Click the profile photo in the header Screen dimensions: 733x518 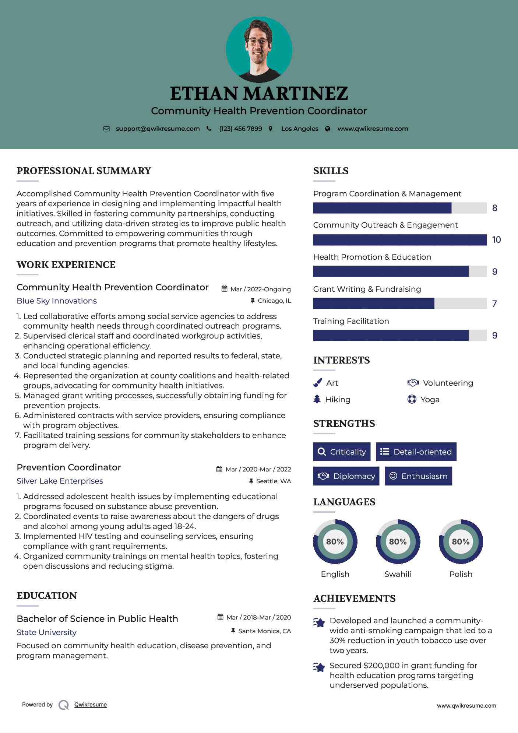coord(259,49)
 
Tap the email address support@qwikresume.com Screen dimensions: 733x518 coord(158,129)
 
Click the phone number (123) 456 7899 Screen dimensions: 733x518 coord(240,129)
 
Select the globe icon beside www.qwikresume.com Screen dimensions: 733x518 coord(328,129)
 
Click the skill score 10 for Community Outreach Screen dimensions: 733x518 coord(496,240)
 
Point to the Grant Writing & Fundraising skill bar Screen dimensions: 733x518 coord(399,304)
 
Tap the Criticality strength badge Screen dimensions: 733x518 coord(342,452)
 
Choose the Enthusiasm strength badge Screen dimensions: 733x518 coord(418,476)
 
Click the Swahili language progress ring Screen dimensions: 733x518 coord(398,541)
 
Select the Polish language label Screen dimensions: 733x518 coord(461,574)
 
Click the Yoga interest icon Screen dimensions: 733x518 coord(412,399)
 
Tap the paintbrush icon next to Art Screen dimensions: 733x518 coord(317,383)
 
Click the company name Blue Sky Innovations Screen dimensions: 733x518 coord(57,301)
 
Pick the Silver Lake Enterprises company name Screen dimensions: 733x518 coord(60,481)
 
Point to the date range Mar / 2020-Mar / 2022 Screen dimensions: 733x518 coord(258,469)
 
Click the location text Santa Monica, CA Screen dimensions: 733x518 coord(264,631)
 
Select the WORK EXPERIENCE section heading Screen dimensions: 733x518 coord(66,265)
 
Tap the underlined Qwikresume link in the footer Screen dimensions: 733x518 coord(91,705)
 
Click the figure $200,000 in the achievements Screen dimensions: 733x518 coord(381,666)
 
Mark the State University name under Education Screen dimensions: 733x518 coord(46,632)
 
